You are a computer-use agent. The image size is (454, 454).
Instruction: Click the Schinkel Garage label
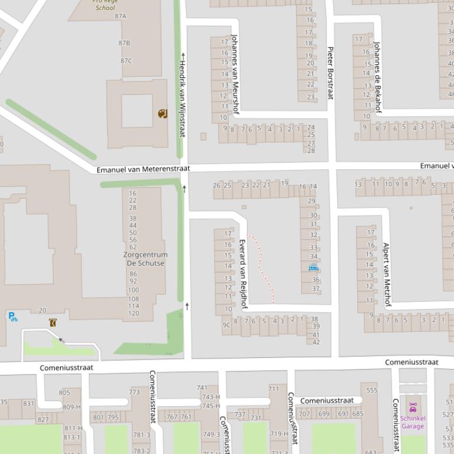[x=412, y=422]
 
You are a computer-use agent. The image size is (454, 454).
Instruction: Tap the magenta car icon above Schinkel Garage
[x=412, y=407]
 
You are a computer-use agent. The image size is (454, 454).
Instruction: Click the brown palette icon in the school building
[x=162, y=114]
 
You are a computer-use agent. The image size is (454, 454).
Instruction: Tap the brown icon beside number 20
[x=54, y=323]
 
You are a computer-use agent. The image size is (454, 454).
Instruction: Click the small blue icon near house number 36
[x=313, y=268]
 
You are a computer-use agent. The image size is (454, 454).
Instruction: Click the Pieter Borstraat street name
[x=330, y=73]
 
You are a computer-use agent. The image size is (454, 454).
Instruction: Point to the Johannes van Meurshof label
[x=235, y=73]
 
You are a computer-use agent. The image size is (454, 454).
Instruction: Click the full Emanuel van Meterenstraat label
[x=143, y=169]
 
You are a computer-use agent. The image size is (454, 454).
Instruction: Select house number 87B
[x=124, y=43]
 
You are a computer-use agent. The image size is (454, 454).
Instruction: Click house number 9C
[x=226, y=324]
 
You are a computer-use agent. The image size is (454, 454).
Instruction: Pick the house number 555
[x=371, y=390]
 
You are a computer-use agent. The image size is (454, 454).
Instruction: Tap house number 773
[x=134, y=392]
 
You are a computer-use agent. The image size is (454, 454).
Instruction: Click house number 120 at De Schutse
[x=134, y=313]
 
